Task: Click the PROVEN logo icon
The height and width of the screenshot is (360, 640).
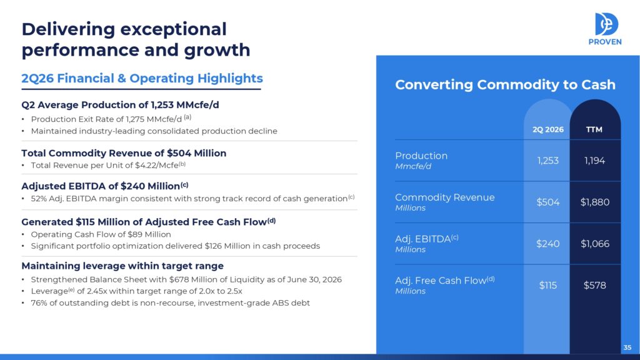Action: pyautogui.click(x=606, y=24)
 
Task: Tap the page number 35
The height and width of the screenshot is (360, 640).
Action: pyautogui.click(x=627, y=347)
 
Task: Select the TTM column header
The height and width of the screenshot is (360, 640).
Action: pyautogui.click(x=594, y=129)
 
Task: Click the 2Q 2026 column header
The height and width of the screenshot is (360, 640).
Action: pyautogui.click(x=547, y=129)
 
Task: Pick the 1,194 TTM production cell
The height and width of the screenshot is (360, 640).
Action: pyautogui.click(x=595, y=161)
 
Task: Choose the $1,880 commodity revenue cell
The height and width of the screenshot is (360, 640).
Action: pyautogui.click(x=595, y=202)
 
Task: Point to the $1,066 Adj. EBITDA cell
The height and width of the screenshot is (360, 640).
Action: pyautogui.click(x=595, y=244)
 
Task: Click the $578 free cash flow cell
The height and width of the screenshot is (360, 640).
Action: pyautogui.click(x=595, y=285)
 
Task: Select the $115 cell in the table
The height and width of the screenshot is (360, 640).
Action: pyautogui.click(x=547, y=285)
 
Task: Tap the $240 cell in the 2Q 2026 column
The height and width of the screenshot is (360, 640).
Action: pyautogui.click(x=547, y=244)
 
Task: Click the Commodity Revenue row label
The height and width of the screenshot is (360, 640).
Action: pyautogui.click(x=445, y=197)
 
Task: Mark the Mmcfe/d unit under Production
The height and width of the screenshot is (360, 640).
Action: pyautogui.click(x=413, y=166)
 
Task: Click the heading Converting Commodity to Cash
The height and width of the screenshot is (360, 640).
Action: pyautogui.click(x=505, y=84)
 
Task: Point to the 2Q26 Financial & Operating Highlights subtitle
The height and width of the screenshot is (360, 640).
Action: pyautogui.click(x=142, y=78)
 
